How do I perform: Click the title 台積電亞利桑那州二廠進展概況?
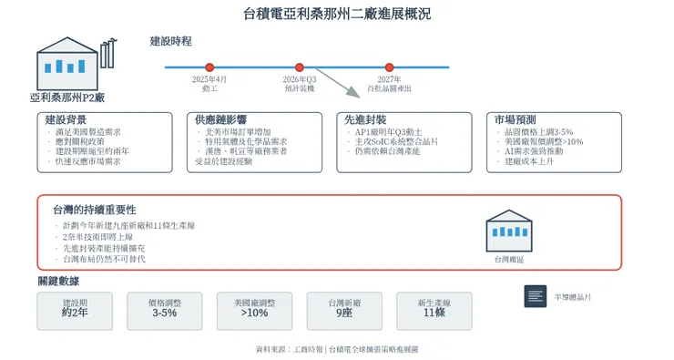click(x=337, y=14)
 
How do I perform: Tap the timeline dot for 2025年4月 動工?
click(x=209, y=67)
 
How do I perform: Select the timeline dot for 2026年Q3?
click(x=299, y=67)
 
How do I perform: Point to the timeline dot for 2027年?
click(x=389, y=67)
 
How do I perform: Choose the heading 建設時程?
click(x=171, y=41)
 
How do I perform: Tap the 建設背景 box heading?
click(x=66, y=120)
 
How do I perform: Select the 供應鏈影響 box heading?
click(x=220, y=120)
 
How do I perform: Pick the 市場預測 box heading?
click(x=516, y=120)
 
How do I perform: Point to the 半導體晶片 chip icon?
click(x=535, y=296)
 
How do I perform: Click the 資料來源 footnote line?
click(x=337, y=348)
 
